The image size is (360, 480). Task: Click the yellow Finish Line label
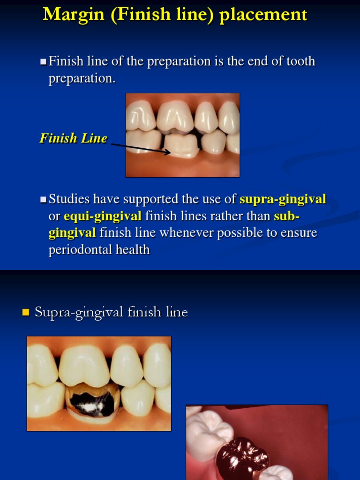[x=74, y=138]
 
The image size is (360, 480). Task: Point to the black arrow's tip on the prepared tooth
[x=170, y=152]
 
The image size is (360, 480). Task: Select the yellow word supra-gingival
[x=283, y=199]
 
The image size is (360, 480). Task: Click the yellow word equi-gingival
[x=103, y=216]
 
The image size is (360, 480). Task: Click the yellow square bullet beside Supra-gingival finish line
[x=26, y=312]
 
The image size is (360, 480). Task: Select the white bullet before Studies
[x=43, y=200]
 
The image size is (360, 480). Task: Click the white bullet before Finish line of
[x=43, y=61]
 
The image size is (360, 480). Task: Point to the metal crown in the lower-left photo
[x=92, y=401]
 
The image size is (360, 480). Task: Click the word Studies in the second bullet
[x=69, y=199]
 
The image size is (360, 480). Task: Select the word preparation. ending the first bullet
[x=82, y=78]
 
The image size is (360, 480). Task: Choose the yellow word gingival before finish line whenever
[x=72, y=233]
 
